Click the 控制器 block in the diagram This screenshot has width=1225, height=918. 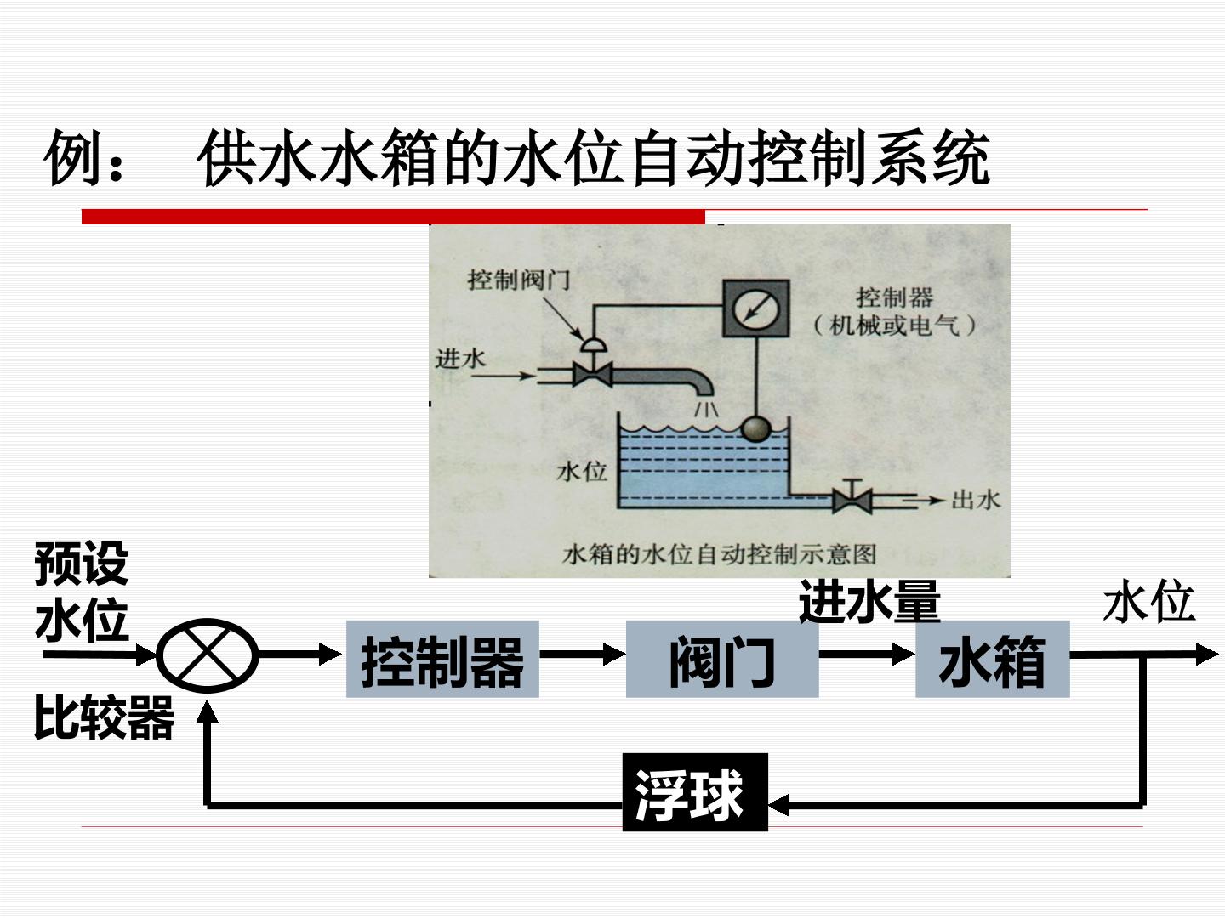(442, 659)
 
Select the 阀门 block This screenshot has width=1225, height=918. (722, 659)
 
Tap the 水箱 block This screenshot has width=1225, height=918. (992, 659)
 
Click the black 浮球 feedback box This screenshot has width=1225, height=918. (695, 792)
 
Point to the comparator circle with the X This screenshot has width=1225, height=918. (207, 654)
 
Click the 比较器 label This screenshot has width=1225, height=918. (105, 717)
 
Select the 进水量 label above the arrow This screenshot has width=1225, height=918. (869, 601)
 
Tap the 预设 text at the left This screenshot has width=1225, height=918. (82, 564)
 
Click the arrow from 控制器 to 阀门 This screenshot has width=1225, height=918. (583, 654)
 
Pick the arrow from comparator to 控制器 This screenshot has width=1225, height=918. (300, 654)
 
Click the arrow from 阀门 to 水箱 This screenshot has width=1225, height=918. (867, 654)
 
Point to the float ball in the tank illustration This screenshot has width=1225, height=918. (756, 430)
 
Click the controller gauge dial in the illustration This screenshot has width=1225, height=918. (755, 309)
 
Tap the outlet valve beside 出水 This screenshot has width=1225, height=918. (852, 497)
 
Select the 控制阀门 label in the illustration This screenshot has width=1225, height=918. (519, 280)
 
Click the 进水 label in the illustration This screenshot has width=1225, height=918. (460, 359)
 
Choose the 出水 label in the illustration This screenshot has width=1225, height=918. (976, 500)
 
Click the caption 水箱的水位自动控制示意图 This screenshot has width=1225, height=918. (720, 554)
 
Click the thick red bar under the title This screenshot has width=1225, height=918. (394, 217)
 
